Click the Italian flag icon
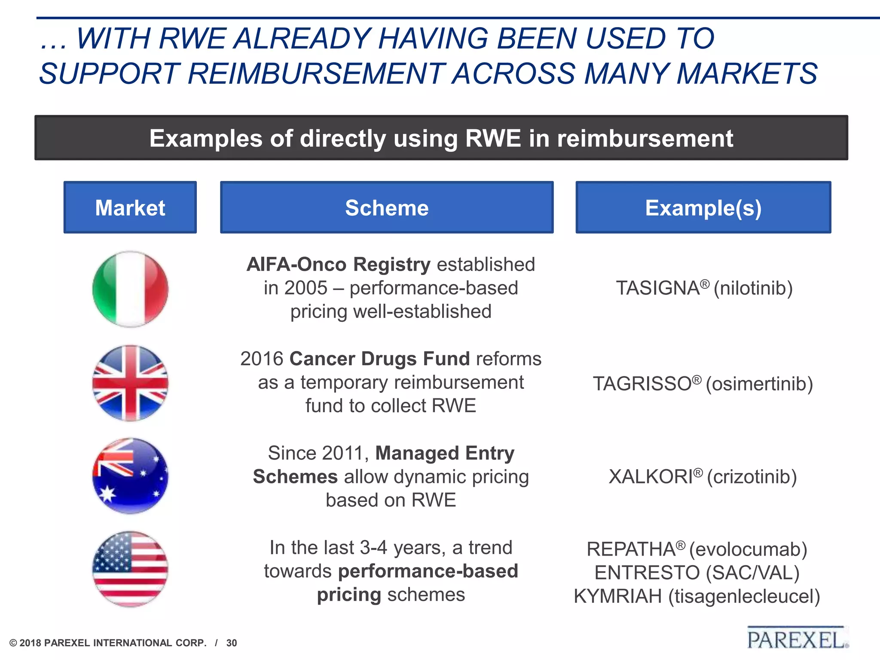[130, 289]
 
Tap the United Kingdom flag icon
[130, 383]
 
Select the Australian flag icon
[130, 476]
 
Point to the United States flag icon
[130, 569]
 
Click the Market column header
[130, 208]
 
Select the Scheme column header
[387, 208]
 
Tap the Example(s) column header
[703, 208]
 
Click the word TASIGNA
[658, 288]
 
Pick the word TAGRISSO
[642, 384]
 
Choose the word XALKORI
[651, 477]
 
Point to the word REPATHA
[631, 550]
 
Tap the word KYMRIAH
[617, 596]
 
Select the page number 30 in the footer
[232, 643]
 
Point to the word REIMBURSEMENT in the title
[316, 73]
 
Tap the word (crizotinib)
[752, 477]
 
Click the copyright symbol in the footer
[13, 643]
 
